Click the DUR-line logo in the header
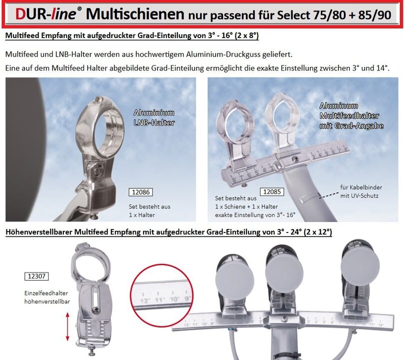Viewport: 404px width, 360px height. tap(46, 13)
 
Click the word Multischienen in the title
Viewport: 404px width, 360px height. tap(135, 14)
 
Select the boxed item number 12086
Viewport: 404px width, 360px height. tap(140, 192)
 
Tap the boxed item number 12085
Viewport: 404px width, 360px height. tap(272, 191)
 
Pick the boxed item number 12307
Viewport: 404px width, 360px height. tap(36, 276)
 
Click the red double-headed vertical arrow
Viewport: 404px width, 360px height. tap(67, 326)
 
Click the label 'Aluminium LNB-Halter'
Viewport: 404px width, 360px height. tap(154, 117)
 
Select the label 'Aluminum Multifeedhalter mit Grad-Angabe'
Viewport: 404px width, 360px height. tap(351, 115)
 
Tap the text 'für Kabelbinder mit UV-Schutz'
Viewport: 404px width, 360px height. tap(361, 191)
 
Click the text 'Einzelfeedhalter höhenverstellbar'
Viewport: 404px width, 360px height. tap(47, 297)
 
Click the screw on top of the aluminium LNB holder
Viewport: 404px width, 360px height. tap(99, 98)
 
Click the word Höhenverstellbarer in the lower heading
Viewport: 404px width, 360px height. tap(39, 232)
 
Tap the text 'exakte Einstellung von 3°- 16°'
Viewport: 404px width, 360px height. tap(255, 215)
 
